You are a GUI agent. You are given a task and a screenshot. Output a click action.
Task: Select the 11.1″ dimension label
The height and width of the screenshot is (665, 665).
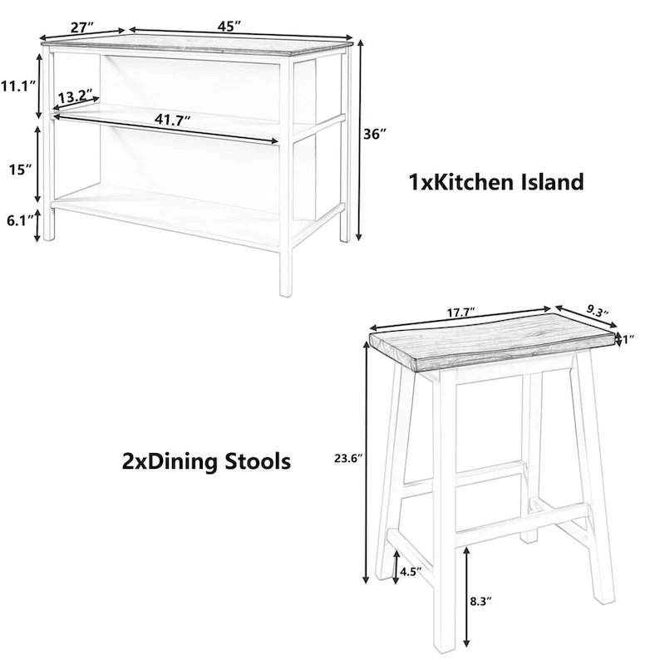click(17, 85)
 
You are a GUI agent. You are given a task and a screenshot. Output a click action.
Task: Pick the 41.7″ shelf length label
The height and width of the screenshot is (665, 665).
click(170, 119)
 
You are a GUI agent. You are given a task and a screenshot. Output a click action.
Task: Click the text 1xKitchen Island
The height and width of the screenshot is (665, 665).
click(496, 181)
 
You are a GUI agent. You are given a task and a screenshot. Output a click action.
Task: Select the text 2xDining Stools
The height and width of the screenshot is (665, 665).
click(206, 460)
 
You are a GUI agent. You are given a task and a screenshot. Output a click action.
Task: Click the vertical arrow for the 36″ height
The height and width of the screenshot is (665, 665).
click(359, 141)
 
